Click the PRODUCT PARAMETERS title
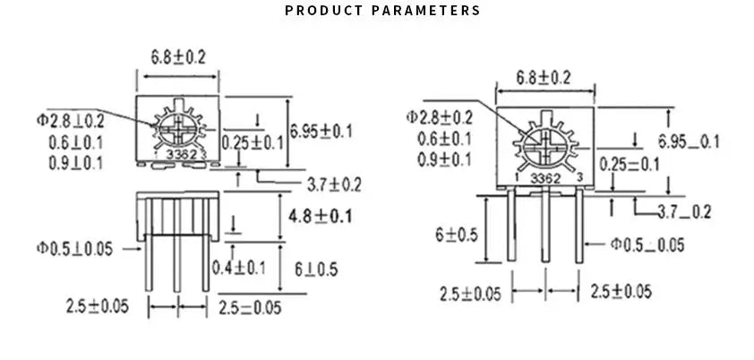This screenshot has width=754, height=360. (382, 11)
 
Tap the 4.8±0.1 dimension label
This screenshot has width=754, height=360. (321, 216)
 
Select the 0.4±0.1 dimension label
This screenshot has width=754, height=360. (238, 267)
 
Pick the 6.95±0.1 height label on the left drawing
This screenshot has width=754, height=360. (322, 132)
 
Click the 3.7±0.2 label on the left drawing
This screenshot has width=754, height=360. (333, 185)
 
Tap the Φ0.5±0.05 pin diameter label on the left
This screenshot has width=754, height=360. (74, 248)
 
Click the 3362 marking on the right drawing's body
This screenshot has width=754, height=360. (545, 178)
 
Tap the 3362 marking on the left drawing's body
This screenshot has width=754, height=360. (177, 154)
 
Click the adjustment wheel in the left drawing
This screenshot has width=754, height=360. (177, 127)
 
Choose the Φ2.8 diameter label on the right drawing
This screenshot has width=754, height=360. (439, 117)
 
